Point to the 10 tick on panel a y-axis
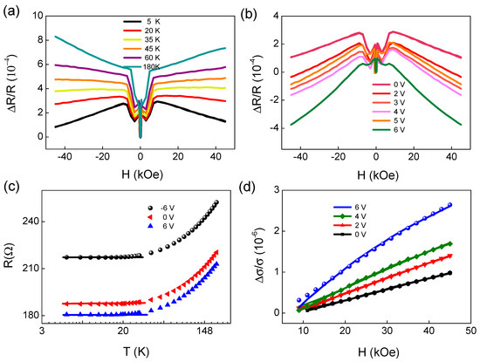coord(34,15)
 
